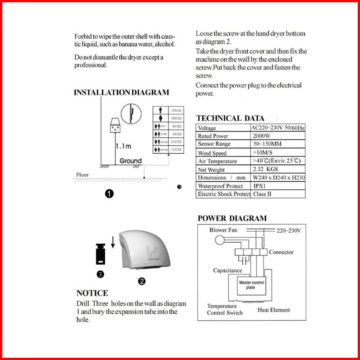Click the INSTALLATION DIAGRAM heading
pyautogui.click(x=121, y=92)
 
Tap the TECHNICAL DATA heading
pyautogui.click(x=230, y=118)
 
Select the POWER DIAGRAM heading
pyautogui.click(x=232, y=218)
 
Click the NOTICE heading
pyautogui.click(x=92, y=293)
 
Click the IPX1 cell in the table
pyautogui.click(x=260, y=186)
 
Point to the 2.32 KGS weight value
pyautogui.click(x=266, y=169)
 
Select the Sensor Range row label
pyautogui.click(x=214, y=144)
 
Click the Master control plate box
pyautogui.click(x=252, y=285)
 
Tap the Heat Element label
pyautogui.click(x=274, y=310)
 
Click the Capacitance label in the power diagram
pyautogui.click(x=228, y=270)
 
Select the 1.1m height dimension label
pyautogui.click(x=123, y=146)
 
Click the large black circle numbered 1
pyautogui.click(x=109, y=193)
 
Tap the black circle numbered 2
pyautogui.click(x=142, y=281)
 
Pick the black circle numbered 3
pyautogui.click(x=100, y=274)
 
